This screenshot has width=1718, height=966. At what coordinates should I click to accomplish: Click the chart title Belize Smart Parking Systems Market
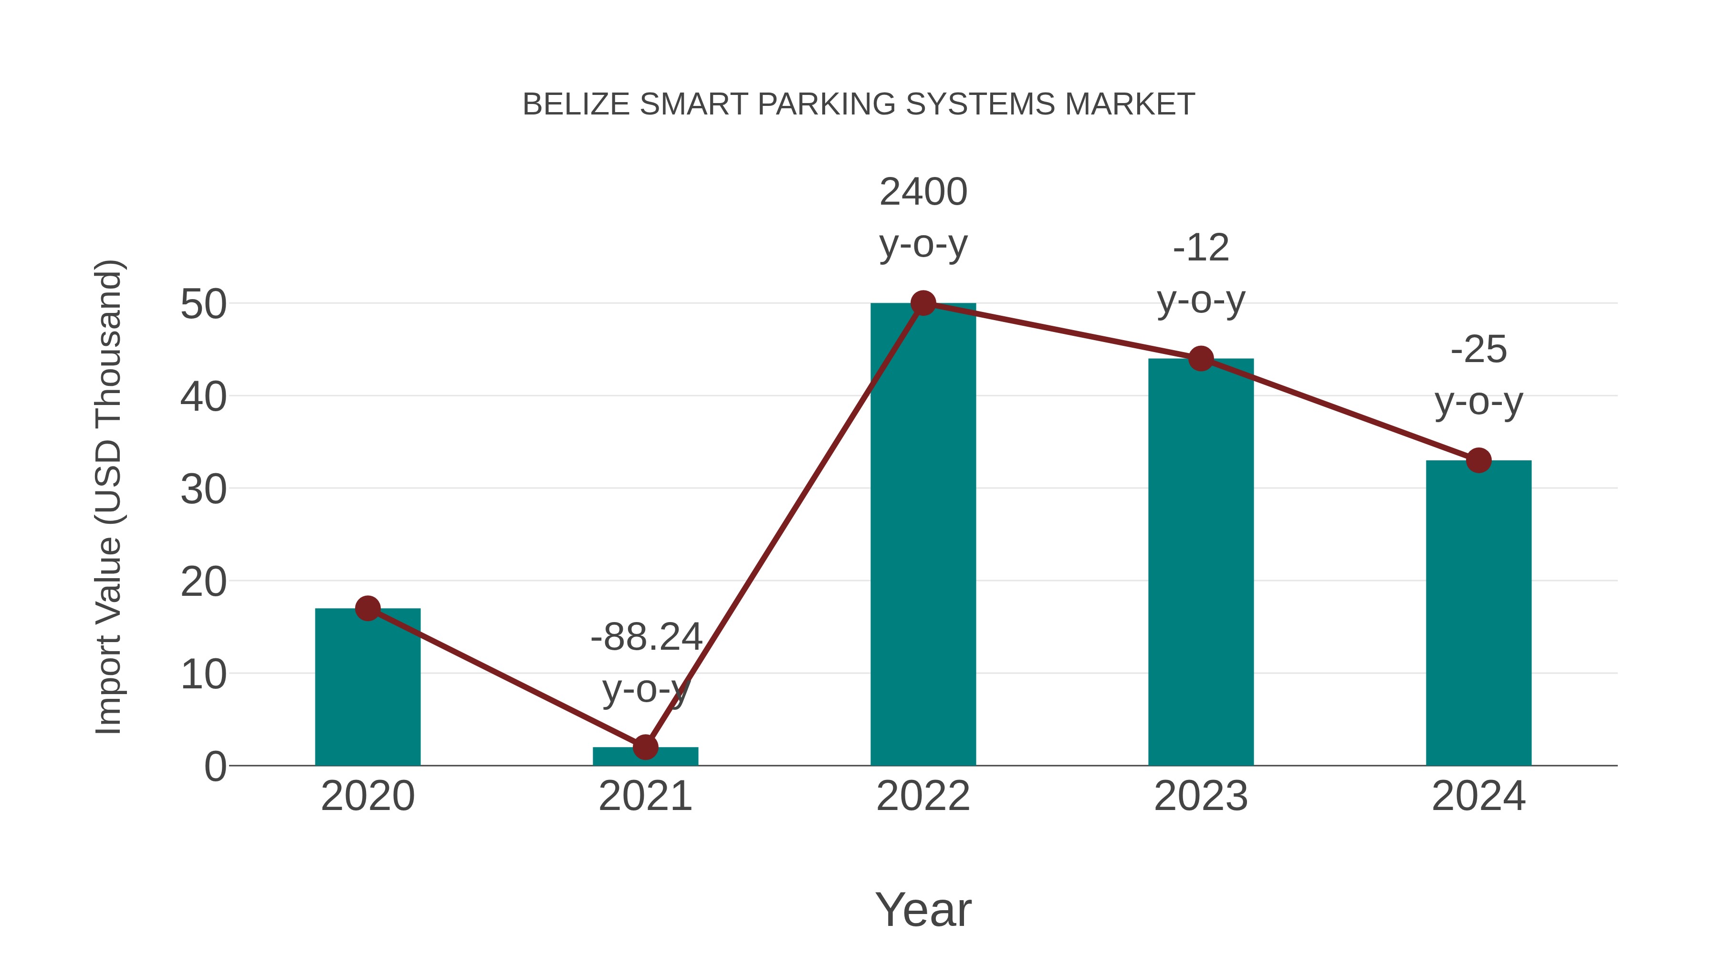(x=859, y=104)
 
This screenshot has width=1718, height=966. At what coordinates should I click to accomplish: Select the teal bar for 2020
(x=367, y=693)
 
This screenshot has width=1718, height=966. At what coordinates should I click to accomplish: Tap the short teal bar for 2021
(x=673, y=758)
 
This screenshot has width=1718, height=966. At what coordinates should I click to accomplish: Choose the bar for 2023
(x=1201, y=567)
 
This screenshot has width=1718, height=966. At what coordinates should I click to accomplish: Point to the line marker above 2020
(x=367, y=608)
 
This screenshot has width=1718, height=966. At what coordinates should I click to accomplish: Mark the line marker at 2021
(x=645, y=748)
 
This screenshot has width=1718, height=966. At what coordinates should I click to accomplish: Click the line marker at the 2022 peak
(x=923, y=303)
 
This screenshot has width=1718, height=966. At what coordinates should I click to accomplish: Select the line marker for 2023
(x=1201, y=359)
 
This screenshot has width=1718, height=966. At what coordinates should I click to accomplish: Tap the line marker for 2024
(x=1478, y=460)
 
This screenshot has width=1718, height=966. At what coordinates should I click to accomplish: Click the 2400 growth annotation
(x=923, y=193)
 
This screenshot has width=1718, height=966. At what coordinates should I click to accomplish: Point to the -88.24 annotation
(x=646, y=637)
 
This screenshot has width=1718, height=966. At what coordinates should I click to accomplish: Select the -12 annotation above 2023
(x=1201, y=248)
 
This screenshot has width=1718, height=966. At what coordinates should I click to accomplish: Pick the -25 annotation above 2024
(x=1478, y=350)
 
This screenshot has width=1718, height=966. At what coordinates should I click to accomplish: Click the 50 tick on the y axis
(x=203, y=305)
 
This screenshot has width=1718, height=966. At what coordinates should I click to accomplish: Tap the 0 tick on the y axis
(x=215, y=767)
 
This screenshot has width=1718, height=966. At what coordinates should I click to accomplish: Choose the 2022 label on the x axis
(x=923, y=796)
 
